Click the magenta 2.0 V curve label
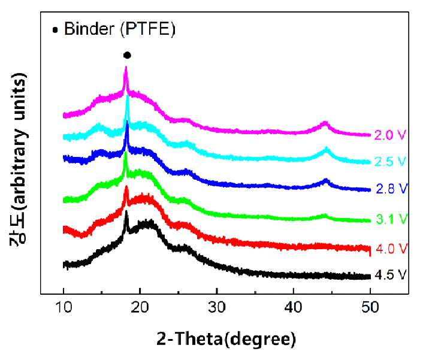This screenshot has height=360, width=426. pos(390,135)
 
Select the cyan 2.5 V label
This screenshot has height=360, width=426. pos(391,162)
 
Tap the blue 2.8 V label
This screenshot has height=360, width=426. pos(392,189)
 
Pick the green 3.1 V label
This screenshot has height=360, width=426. pos(392,219)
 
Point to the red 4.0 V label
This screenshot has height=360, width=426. pos(392,249)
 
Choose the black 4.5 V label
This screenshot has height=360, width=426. pos(391,275)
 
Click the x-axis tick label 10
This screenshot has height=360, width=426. pos(64,307)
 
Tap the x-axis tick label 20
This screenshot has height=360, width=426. pos(140,307)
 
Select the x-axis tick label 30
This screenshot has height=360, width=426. pos(217,307)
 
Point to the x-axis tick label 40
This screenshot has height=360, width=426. pos(294,307)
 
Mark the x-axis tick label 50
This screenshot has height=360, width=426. pos(370,307)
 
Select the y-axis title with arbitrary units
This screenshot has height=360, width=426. pos(19,159)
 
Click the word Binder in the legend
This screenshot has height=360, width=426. pos(89,29)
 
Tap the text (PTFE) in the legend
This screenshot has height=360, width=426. pos(148,29)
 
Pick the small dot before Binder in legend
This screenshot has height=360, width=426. pos(55,30)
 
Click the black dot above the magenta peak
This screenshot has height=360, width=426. pos(127,56)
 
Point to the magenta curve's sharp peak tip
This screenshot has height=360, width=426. pos(126,67)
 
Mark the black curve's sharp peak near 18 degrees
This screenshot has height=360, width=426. pos(126,211)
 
